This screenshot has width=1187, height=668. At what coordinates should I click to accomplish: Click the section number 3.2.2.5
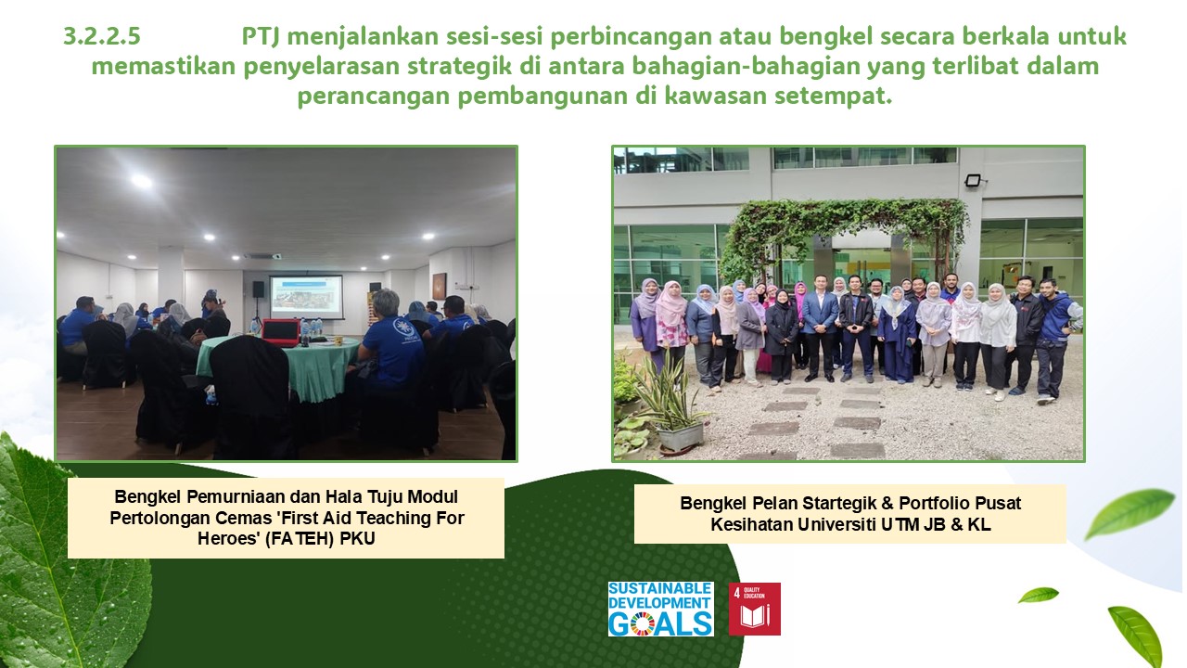pos(102,36)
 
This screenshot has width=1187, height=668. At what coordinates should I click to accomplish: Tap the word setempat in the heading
pos(834,96)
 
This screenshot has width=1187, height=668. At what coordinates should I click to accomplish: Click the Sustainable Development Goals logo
pos(661,609)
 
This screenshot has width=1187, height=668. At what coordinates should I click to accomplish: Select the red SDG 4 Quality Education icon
pos(754,609)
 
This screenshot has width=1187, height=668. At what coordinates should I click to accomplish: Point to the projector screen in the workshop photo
pos(306,296)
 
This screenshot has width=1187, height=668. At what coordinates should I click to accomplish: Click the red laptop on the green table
pos(280,332)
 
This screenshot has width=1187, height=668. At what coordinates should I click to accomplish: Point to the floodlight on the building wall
pos(973,180)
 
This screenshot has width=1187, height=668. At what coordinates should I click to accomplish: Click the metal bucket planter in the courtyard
pos(680,436)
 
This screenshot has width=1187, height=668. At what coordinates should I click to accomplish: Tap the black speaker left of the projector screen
pos(258,289)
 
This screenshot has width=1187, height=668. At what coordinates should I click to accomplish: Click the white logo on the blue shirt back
pos(402,328)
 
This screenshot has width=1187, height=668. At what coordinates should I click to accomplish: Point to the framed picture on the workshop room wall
pos(440,287)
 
